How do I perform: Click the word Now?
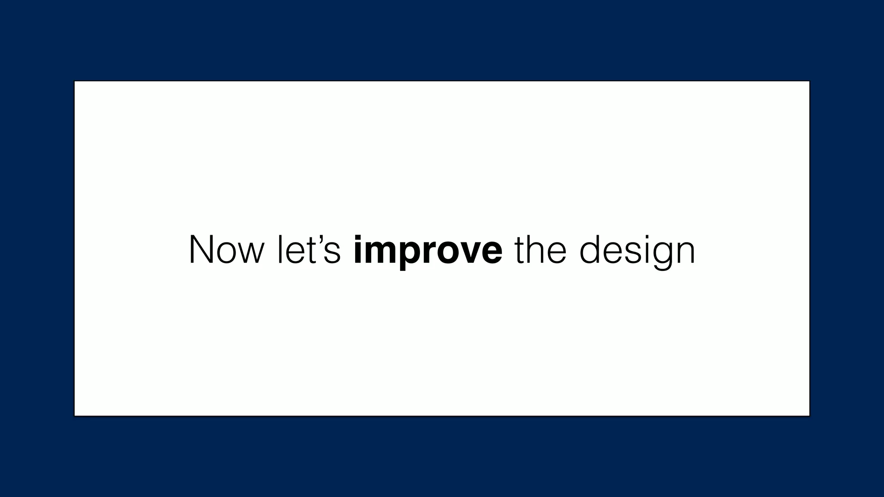(226, 250)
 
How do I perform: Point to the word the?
(540, 250)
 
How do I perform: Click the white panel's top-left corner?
(75, 82)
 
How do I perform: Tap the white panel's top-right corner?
(809, 82)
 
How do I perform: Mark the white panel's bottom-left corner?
(75, 415)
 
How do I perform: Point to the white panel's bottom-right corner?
(809, 415)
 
